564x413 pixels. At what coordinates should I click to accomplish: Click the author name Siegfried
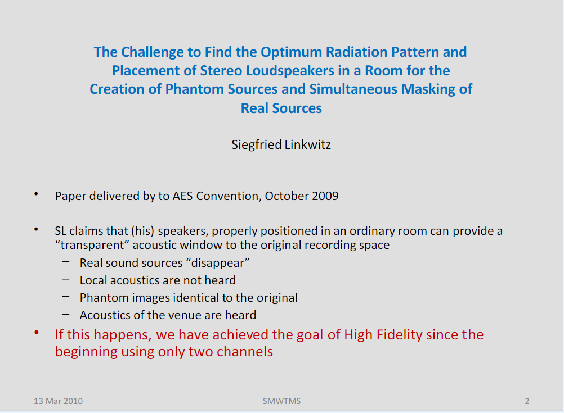point(257,144)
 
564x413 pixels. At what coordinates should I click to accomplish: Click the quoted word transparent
point(92,246)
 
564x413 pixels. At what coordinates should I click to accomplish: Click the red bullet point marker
point(37,333)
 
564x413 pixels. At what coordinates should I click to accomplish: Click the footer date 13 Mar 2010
point(59,401)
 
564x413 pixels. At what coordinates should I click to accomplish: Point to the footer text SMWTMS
point(281,401)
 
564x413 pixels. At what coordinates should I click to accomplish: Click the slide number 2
point(527,401)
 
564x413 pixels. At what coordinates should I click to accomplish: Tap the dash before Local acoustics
point(65,278)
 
